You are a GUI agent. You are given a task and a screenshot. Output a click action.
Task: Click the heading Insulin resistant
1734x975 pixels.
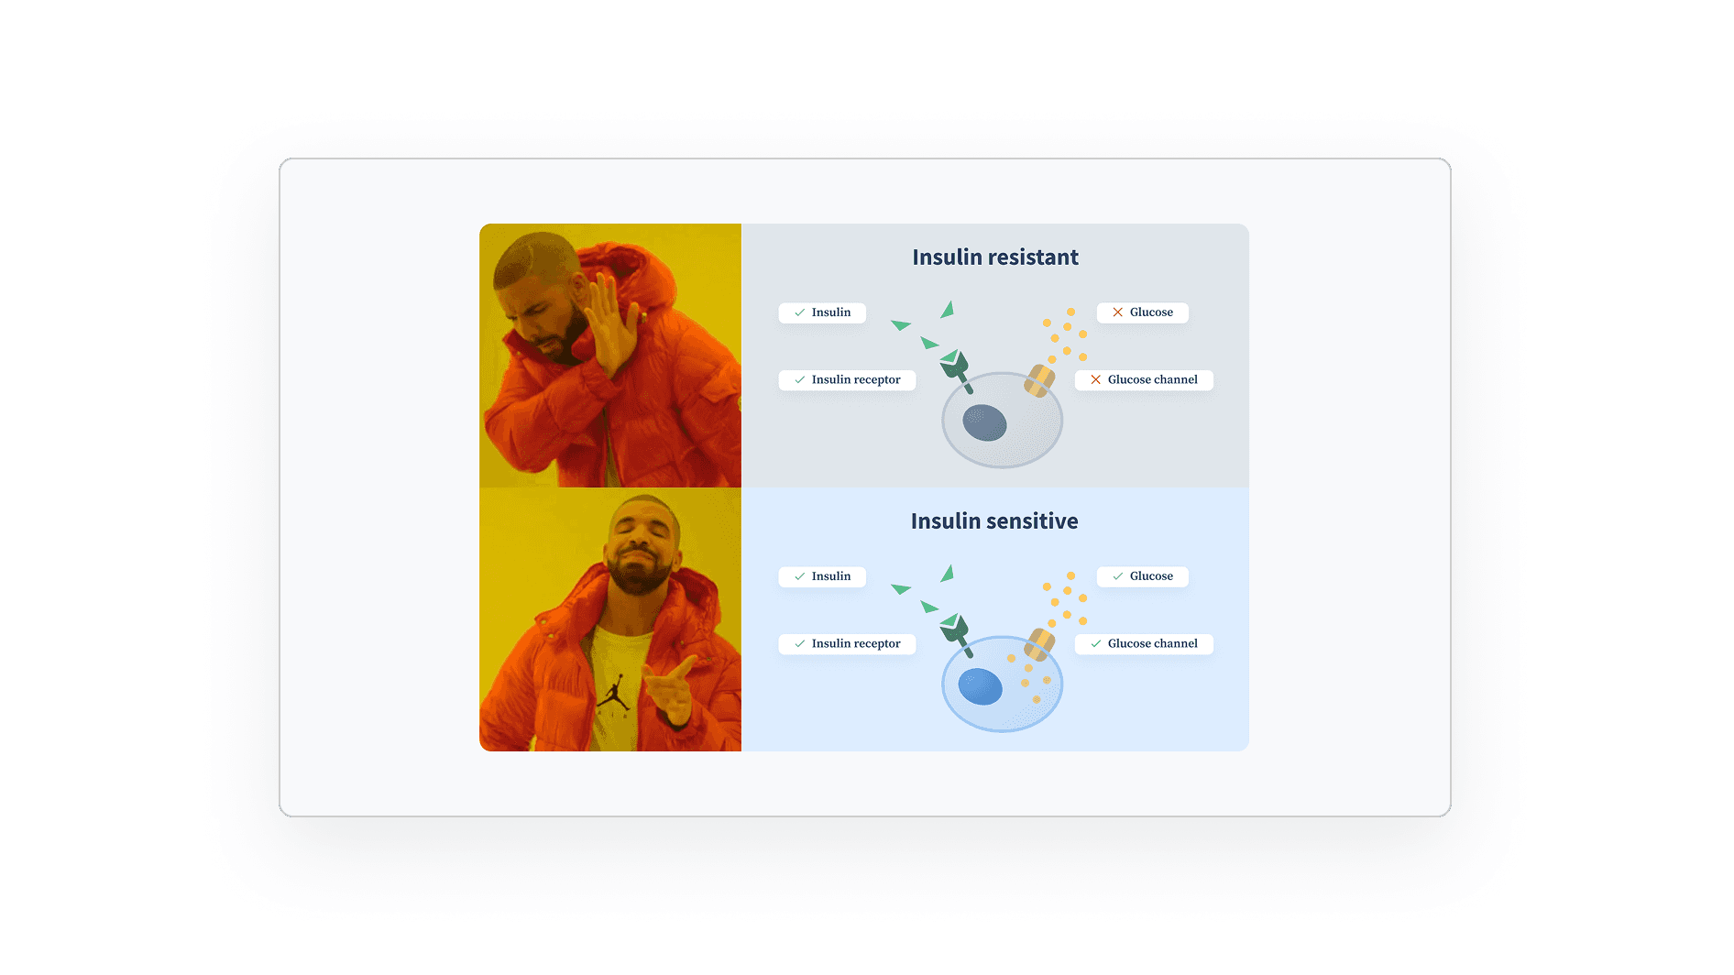994,257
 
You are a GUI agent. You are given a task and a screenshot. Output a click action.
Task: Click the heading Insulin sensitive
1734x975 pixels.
993,521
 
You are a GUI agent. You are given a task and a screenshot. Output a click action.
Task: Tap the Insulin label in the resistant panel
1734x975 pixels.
822,312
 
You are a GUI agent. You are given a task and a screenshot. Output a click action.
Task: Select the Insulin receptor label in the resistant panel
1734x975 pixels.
847,380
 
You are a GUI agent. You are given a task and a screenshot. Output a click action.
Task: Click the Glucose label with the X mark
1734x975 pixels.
1142,312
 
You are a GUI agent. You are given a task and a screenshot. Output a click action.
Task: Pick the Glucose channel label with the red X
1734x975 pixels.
1144,380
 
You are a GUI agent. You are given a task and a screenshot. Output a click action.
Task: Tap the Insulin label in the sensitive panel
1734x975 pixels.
822,576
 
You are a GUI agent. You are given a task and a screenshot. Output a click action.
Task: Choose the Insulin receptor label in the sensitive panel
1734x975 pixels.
847,644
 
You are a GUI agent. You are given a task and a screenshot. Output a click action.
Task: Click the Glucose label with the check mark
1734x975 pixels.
1142,576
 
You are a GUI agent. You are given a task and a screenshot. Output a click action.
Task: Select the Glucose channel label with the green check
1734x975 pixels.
1144,644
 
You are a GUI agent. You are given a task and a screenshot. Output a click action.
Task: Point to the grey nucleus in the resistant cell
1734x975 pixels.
984,422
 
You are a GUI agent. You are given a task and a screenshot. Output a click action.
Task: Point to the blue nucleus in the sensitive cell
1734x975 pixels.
980,686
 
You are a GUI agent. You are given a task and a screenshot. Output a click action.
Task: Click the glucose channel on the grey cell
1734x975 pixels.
1039,380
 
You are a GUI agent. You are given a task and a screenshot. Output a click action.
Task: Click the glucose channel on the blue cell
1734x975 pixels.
1039,644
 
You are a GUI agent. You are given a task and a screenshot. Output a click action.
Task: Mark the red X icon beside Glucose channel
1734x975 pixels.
1095,380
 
